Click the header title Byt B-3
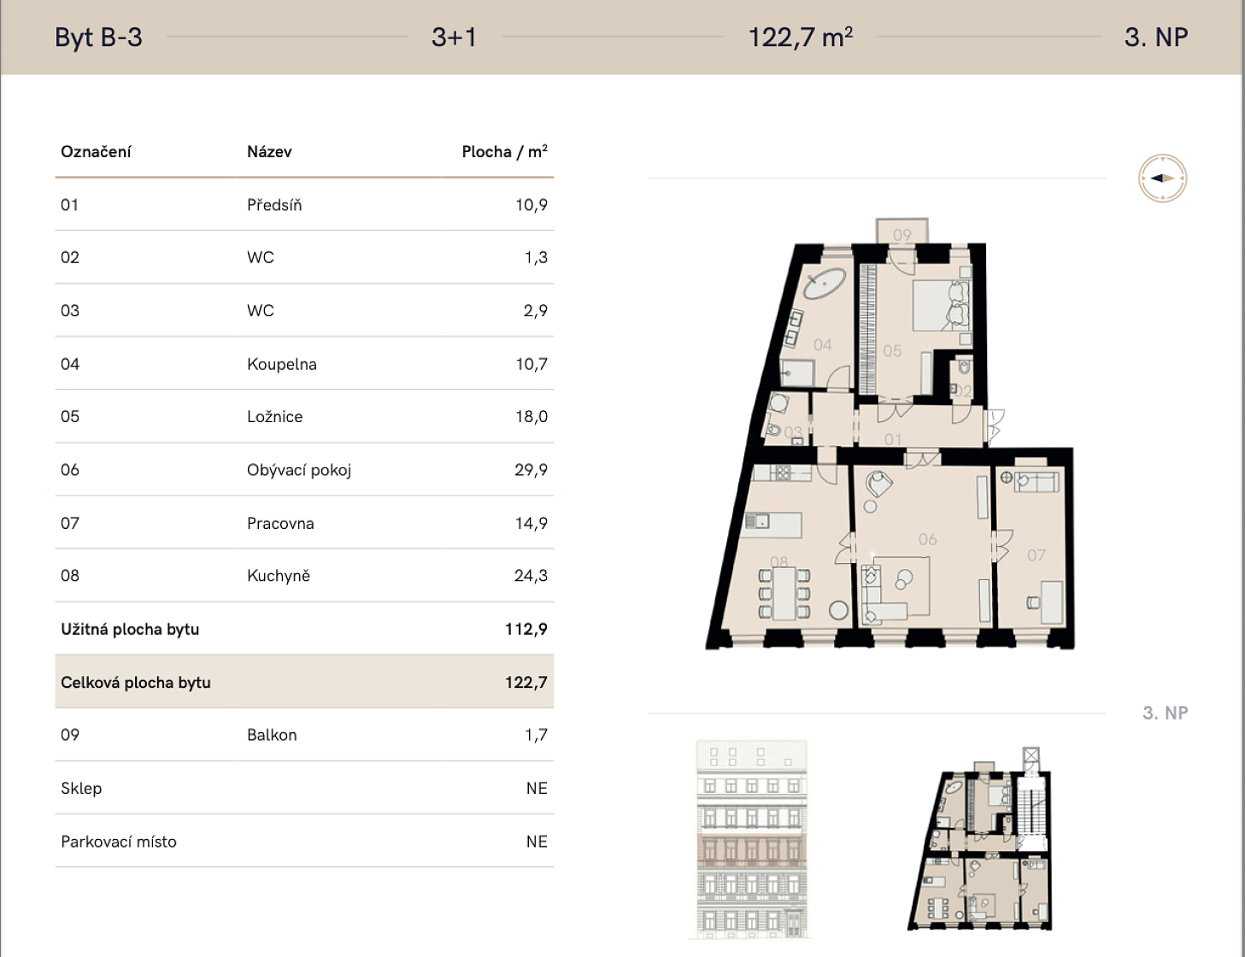[98, 38]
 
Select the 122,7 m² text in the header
[801, 38]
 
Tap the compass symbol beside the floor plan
[1162, 178]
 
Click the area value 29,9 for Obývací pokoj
[531, 470]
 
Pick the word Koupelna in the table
[281, 364]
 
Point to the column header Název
[269, 152]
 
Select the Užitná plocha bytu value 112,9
[526, 630]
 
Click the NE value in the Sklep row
[537, 789]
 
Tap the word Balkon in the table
[272, 736]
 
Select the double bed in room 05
[941, 305]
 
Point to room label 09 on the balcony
[901, 235]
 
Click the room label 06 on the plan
[928, 539]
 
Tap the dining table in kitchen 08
[784, 594]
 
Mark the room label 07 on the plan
[1036, 555]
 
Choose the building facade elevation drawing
[751, 840]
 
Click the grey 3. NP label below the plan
[1165, 713]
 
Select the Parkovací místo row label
[119, 842]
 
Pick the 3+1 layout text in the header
[454, 38]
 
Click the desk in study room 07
[1052, 602]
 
